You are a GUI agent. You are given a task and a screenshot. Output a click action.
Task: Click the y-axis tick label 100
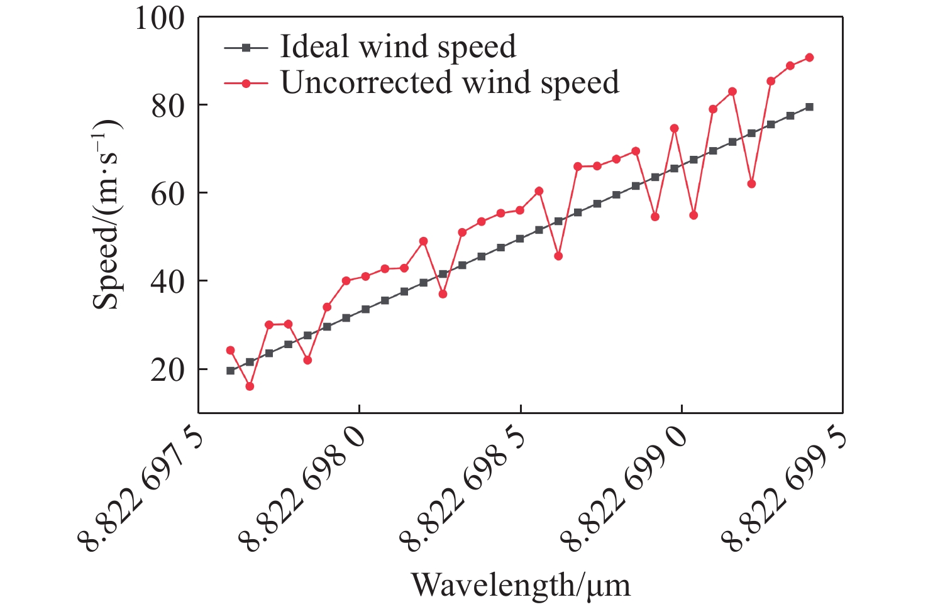click(x=160, y=19)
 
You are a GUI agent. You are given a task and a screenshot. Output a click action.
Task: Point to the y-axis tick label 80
click(x=168, y=106)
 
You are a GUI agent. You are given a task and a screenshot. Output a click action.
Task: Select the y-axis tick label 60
click(x=168, y=195)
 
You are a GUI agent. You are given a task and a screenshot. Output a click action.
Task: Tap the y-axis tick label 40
click(x=168, y=283)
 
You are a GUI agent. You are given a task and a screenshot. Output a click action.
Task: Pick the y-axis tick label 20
click(x=168, y=371)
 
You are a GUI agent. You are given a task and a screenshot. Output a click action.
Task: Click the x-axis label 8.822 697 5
click(x=141, y=488)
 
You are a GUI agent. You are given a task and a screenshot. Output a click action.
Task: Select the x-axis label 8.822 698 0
click(x=302, y=488)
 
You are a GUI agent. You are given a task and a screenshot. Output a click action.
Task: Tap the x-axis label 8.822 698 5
click(x=463, y=488)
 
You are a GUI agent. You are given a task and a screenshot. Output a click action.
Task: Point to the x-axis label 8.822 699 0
click(x=624, y=488)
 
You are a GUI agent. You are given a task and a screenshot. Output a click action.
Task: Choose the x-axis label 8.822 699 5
click(x=785, y=488)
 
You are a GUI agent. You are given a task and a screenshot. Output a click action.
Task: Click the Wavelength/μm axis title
click(x=521, y=585)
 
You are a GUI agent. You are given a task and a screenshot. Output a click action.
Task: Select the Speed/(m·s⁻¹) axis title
click(x=106, y=214)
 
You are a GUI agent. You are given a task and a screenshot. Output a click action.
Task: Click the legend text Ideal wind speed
click(x=398, y=46)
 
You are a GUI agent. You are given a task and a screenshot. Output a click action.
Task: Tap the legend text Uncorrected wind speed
click(x=450, y=82)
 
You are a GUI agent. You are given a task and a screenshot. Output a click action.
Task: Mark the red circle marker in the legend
click(x=246, y=84)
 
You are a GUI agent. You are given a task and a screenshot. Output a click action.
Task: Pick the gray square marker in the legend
click(x=246, y=48)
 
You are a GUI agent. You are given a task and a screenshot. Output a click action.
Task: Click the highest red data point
click(x=809, y=58)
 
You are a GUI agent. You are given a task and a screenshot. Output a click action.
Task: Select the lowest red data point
click(x=250, y=386)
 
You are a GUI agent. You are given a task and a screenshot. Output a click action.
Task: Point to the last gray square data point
click(x=809, y=107)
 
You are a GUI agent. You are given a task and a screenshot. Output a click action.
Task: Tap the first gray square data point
click(x=230, y=371)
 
